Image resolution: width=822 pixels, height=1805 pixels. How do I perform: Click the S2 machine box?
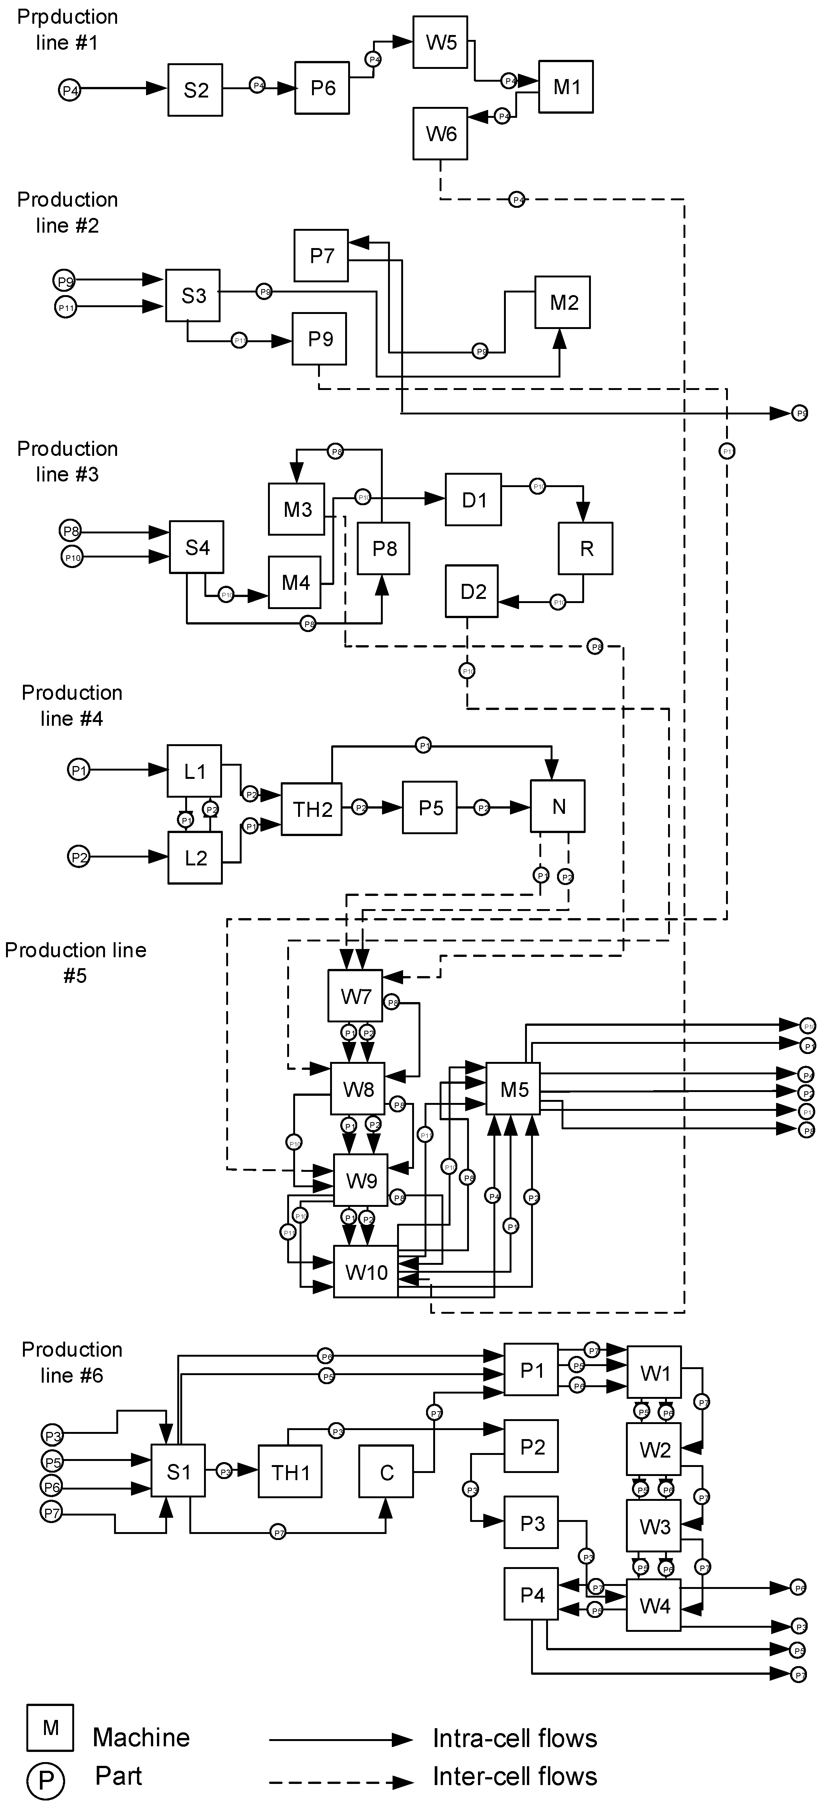pyautogui.click(x=195, y=90)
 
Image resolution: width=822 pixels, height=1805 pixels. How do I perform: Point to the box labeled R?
pyautogui.click(x=586, y=548)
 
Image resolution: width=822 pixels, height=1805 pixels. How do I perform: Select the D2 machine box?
pyautogui.click(x=472, y=591)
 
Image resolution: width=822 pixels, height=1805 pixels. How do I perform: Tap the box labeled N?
pyautogui.click(x=558, y=806)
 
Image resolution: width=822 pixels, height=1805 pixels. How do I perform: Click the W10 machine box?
pyautogui.click(x=366, y=1272)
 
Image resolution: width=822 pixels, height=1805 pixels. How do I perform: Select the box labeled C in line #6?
pyautogui.click(x=386, y=1471)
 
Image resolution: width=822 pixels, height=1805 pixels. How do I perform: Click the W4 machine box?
pyautogui.click(x=654, y=1605)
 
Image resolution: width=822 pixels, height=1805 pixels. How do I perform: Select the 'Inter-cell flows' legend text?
pyautogui.click(x=515, y=1776)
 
